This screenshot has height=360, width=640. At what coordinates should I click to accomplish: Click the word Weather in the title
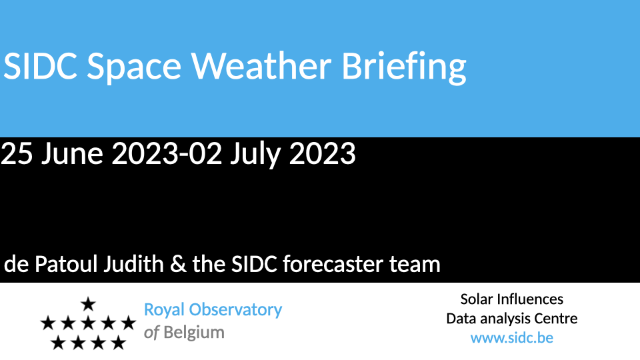261,65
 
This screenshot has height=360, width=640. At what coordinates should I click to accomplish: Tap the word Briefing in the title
404,68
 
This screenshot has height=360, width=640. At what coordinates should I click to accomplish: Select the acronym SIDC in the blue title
40,66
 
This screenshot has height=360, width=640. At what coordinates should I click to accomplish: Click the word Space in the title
134,68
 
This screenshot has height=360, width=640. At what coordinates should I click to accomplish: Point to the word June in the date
72,153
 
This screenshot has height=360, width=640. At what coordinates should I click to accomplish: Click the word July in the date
255,154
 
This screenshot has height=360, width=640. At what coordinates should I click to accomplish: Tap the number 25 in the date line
17,153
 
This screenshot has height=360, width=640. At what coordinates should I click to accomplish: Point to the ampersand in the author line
178,264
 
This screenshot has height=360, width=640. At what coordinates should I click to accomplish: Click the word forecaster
333,264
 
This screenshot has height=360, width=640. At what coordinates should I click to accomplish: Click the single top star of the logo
88,304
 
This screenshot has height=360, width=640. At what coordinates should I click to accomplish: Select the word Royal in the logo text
164,310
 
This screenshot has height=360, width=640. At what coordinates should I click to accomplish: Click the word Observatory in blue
235,310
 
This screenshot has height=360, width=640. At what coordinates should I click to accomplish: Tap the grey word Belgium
194,333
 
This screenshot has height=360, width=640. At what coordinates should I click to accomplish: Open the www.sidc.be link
512,338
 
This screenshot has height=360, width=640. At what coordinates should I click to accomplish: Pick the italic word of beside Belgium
151,332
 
